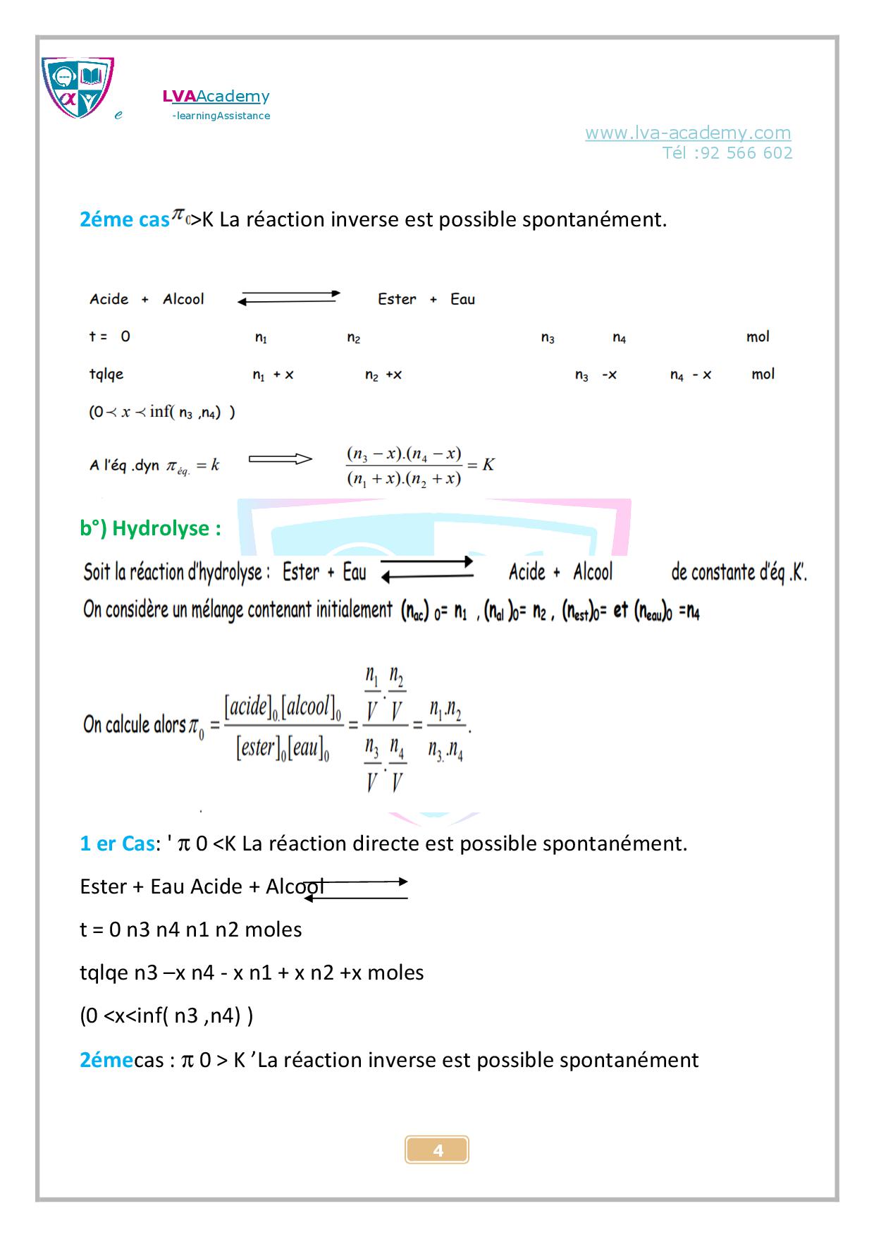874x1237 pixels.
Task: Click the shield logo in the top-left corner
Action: click(x=78, y=87)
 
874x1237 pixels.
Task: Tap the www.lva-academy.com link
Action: click(x=687, y=133)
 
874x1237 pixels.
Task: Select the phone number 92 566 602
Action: click(x=747, y=153)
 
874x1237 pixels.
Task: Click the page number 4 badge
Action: click(x=437, y=1150)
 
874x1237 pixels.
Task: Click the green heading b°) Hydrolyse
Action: click(x=150, y=528)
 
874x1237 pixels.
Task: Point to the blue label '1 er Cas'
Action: click(x=117, y=843)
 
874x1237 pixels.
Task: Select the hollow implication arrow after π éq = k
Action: click(x=280, y=460)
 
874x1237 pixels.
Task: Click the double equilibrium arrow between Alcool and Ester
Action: click(x=289, y=298)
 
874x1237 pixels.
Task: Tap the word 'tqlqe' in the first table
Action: click(x=106, y=374)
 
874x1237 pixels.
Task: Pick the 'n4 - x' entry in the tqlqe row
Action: click(x=690, y=375)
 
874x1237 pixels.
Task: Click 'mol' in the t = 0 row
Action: click(x=758, y=337)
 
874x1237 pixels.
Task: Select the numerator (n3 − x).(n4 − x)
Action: click(x=404, y=453)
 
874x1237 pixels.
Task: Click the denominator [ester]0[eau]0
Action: click(x=283, y=748)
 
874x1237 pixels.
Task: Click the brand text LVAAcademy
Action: click(x=216, y=97)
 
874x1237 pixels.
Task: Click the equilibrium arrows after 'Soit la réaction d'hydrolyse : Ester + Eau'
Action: click(x=427, y=568)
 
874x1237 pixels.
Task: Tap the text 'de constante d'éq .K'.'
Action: click(x=738, y=572)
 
